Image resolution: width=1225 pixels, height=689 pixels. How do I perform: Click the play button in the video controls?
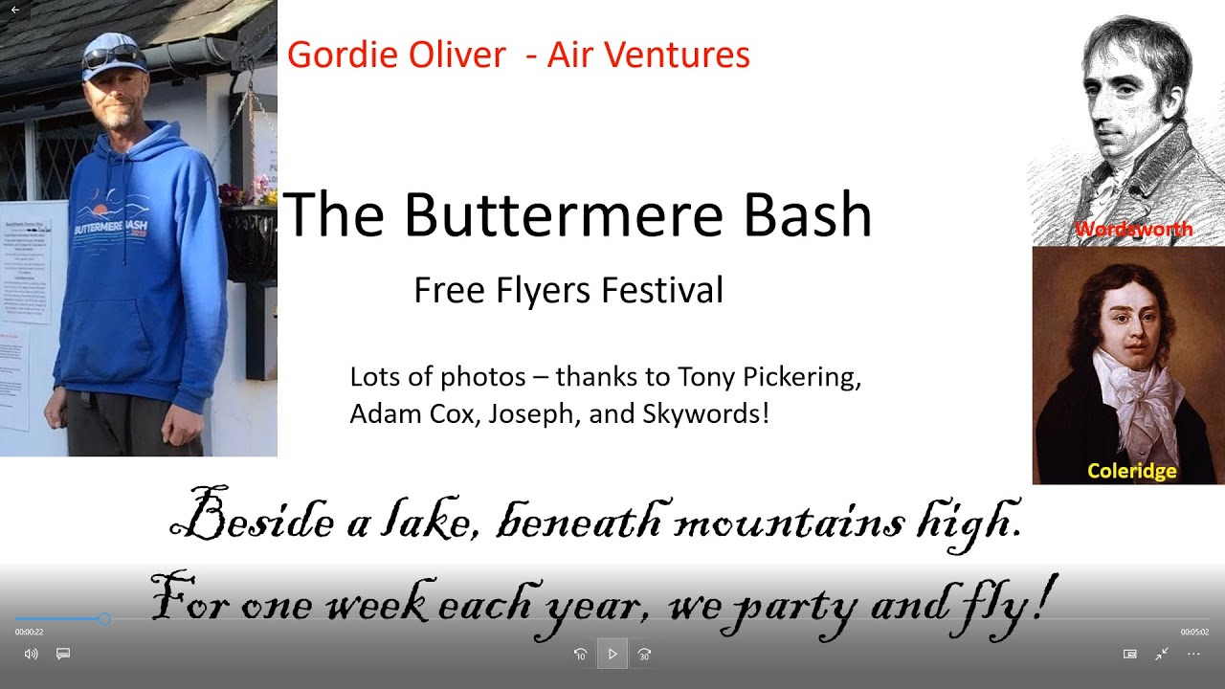(x=612, y=655)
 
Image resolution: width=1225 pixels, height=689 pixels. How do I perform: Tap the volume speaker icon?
(x=31, y=655)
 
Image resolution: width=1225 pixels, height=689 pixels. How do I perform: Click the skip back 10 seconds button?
(x=580, y=655)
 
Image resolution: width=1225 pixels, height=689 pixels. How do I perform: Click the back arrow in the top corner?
(x=14, y=10)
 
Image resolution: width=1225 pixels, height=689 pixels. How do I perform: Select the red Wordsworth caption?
(x=1133, y=230)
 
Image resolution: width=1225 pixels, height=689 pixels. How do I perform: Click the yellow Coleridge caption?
(x=1131, y=471)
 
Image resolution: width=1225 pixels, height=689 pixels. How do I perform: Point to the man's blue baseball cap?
(x=112, y=56)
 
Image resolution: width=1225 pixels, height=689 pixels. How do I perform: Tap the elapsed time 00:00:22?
(x=29, y=633)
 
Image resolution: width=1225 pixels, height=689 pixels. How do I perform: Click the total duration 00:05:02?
(x=1194, y=633)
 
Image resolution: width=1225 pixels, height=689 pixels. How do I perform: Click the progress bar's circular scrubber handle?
(x=104, y=619)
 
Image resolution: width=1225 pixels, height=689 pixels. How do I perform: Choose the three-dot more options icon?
(x=1193, y=655)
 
